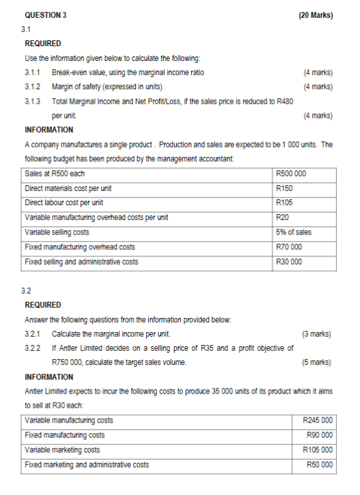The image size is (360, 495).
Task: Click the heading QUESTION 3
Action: coord(45,15)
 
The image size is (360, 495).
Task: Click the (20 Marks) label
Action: coord(316,15)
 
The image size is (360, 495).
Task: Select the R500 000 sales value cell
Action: coord(291,174)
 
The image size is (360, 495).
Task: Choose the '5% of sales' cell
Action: coord(293,232)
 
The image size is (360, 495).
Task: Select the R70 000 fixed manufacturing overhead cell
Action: coord(288,247)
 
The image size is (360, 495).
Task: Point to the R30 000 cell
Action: coord(288,262)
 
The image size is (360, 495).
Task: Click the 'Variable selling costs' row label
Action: coord(56,232)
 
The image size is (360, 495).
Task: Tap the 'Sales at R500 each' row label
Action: coord(55,174)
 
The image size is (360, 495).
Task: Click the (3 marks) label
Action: coord(316,334)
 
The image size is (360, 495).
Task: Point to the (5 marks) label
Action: coord(316,362)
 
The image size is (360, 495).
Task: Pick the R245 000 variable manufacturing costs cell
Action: coord(318,421)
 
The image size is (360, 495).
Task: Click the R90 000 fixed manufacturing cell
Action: coord(320,435)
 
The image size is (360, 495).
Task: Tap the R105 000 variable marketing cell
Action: coord(318,449)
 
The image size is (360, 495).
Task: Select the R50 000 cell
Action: coord(320,464)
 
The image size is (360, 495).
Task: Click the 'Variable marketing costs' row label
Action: coord(62,449)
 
